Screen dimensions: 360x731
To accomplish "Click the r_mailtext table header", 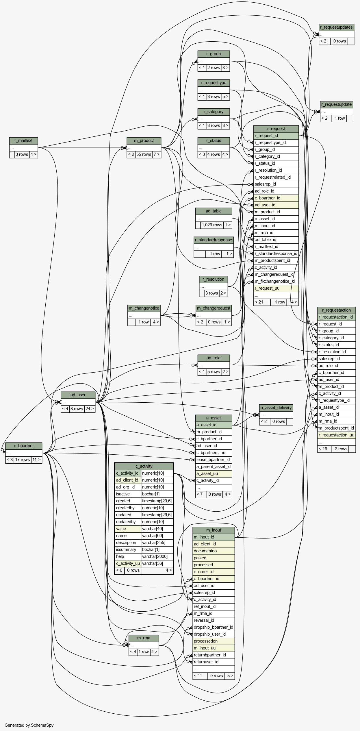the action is point(23,141).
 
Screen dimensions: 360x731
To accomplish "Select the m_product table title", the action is point(144,141).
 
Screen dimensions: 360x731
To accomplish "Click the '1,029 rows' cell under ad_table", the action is point(212,225).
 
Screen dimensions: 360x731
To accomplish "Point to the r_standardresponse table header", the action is point(214,240).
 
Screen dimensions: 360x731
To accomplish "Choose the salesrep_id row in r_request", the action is point(276,184).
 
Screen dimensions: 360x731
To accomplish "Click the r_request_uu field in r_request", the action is point(276,288).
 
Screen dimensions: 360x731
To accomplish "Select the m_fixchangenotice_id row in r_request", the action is point(276,282).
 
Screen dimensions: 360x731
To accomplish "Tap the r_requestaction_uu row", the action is point(336,435).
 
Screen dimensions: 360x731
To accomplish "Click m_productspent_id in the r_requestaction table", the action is point(336,428).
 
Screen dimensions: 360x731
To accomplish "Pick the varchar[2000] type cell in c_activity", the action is point(157,556).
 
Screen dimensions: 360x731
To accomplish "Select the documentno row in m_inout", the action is point(214,551).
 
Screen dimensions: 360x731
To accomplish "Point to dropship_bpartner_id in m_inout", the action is point(214,628).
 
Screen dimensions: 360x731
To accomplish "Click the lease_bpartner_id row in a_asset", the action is point(214,460).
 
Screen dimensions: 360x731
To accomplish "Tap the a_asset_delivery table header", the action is point(276,408).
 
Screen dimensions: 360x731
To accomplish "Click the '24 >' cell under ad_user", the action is point(90,409).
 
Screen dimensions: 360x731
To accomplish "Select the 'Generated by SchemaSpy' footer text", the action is point(29,725).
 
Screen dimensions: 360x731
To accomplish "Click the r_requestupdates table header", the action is point(336,27).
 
